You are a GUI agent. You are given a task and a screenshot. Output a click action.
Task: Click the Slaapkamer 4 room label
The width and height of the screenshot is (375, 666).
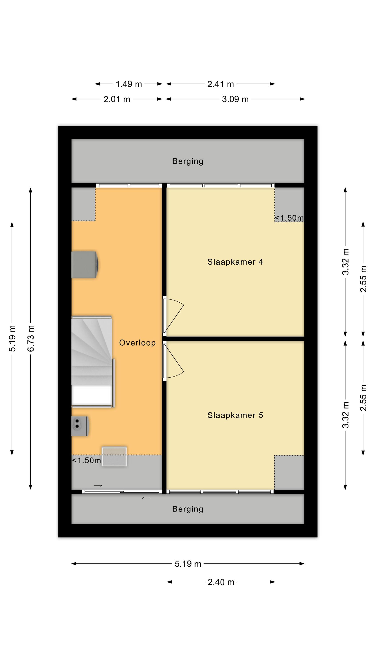click(x=235, y=262)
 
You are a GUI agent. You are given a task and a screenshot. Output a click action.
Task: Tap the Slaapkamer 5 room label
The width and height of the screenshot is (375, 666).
click(x=235, y=415)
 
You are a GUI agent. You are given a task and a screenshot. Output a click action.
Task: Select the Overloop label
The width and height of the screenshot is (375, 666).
click(x=137, y=343)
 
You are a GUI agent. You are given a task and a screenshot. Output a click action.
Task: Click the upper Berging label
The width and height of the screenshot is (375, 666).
click(x=188, y=161)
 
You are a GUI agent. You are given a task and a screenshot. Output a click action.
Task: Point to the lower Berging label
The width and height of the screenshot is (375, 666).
click(x=188, y=509)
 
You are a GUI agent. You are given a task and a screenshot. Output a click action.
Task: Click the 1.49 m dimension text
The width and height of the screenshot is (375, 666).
click(x=129, y=84)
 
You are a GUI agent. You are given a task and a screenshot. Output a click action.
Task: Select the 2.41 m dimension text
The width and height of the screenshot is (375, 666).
click(x=221, y=84)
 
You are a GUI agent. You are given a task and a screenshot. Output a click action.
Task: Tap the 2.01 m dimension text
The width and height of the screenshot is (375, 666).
click(x=117, y=99)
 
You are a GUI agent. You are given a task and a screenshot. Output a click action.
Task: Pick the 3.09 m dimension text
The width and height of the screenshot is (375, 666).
click(x=235, y=99)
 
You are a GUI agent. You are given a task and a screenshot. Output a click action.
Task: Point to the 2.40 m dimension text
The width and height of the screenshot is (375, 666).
click(x=221, y=582)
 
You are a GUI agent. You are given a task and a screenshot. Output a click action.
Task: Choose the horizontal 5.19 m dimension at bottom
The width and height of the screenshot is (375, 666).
click(x=188, y=564)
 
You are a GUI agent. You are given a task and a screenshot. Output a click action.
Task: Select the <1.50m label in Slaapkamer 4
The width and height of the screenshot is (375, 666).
click(x=289, y=218)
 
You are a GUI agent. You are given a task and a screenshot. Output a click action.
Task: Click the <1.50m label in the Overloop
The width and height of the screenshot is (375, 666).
click(x=86, y=460)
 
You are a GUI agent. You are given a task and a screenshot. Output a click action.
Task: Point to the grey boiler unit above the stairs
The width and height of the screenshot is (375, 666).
click(x=85, y=264)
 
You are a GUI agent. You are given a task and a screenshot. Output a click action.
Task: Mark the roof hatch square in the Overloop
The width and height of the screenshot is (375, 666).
click(x=114, y=457)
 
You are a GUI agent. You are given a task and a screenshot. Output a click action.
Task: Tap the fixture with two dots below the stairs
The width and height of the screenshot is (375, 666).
click(x=80, y=426)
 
